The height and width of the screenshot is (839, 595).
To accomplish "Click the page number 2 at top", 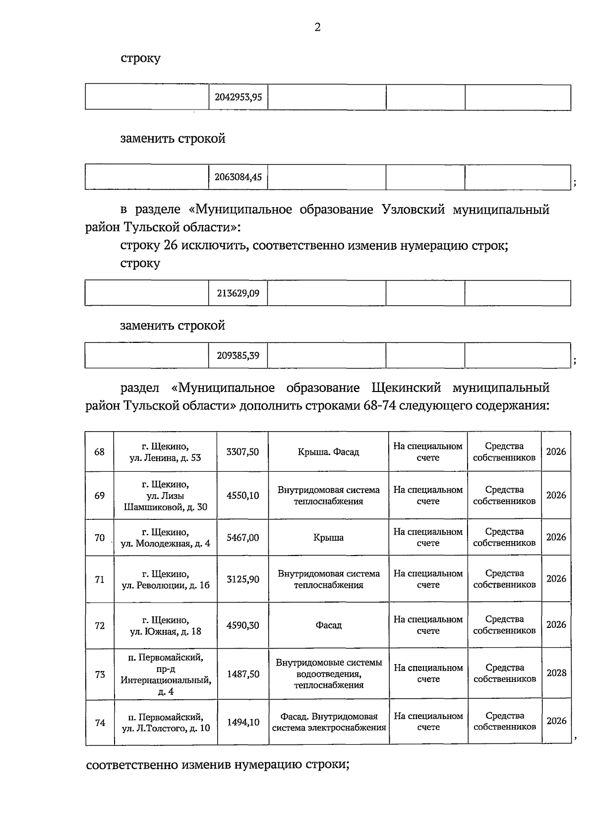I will click(317, 27).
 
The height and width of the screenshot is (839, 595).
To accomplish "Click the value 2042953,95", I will click(238, 97).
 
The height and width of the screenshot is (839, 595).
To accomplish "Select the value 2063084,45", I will click(238, 176).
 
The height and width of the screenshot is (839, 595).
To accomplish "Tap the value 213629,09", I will click(238, 293).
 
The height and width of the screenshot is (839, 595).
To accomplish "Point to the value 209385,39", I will click(238, 355).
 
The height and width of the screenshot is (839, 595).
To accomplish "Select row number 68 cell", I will click(100, 452).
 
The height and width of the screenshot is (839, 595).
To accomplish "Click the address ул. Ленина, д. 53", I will click(165, 458).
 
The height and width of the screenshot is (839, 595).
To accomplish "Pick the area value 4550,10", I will click(242, 495).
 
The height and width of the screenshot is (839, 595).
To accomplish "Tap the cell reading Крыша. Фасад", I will click(328, 452).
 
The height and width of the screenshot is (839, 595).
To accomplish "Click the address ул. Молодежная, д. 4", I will click(166, 544).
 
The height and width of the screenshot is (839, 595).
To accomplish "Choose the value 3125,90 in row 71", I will click(242, 579).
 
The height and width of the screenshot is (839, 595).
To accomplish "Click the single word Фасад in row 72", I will click(328, 625).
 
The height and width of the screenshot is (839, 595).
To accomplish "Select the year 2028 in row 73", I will click(556, 673).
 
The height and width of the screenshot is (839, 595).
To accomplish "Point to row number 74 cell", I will click(100, 723).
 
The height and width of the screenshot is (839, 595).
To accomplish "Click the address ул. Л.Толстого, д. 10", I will click(166, 728).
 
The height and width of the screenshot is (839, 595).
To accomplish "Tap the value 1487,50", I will click(243, 674).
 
